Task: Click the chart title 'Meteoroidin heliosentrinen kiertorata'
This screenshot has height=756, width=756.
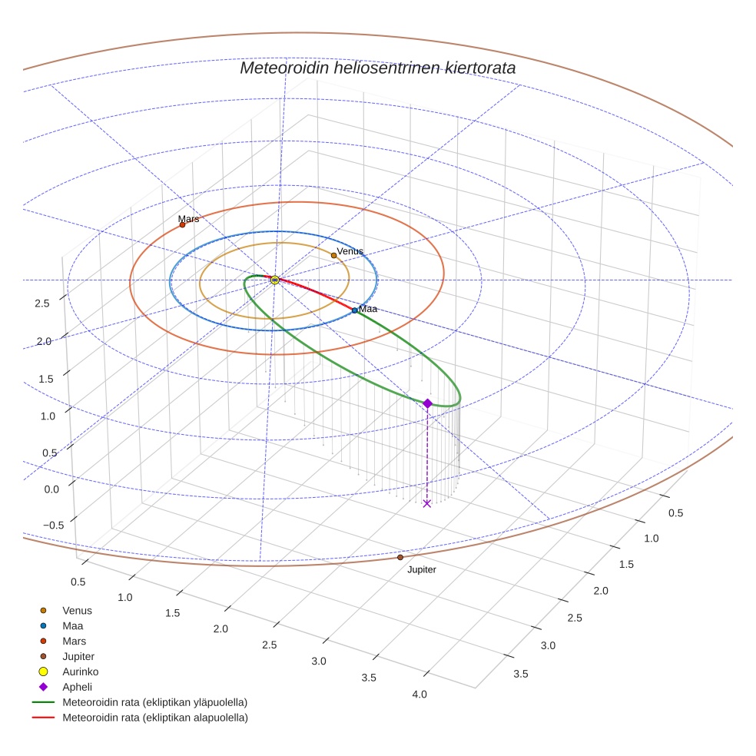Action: (x=377, y=68)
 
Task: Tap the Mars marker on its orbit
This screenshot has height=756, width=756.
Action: (x=182, y=225)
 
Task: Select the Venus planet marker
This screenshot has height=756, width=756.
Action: (x=333, y=255)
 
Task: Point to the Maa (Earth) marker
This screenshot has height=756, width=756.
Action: (x=354, y=310)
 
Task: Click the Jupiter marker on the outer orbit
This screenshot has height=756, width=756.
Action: (x=400, y=557)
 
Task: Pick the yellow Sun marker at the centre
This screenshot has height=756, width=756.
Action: (x=275, y=280)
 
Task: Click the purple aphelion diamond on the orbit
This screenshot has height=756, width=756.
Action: (x=427, y=403)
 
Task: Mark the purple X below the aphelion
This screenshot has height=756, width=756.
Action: (x=427, y=503)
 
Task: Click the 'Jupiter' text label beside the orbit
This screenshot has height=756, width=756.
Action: (x=422, y=570)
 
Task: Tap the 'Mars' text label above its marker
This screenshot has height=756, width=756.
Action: (x=188, y=219)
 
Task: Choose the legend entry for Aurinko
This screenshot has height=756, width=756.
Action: (x=80, y=671)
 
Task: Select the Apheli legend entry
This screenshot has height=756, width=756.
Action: (x=77, y=687)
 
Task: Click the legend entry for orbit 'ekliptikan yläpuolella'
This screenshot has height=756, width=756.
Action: (x=154, y=702)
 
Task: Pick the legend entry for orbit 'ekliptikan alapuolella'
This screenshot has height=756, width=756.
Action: (x=154, y=718)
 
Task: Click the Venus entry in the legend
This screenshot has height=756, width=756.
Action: (x=77, y=611)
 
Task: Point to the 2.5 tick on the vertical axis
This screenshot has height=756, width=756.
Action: (x=42, y=303)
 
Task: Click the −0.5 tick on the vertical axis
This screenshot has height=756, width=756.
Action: (x=52, y=526)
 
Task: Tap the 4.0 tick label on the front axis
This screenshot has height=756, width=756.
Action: (x=419, y=695)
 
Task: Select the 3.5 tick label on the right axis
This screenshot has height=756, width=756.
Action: (x=520, y=674)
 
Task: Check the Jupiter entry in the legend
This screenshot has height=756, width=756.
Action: (x=78, y=656)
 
